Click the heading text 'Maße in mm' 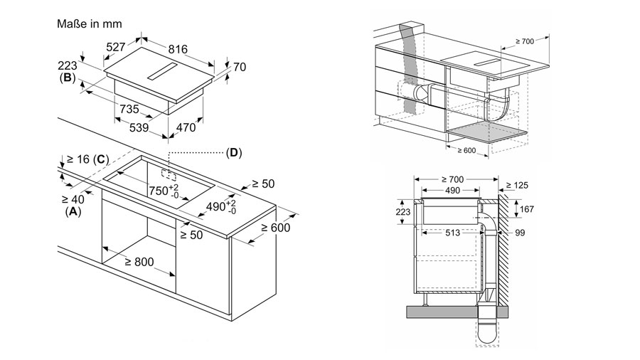[89, 23]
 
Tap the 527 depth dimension [115, 48]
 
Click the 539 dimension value [139, 128]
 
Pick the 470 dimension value [186, 128]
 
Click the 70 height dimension [239, 68]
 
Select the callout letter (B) [68, 79]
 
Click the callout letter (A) [73, 212]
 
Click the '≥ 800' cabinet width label [139, 262]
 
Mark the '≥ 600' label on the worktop [276, 228]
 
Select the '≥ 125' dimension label [517, 186]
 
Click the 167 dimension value [528, 209]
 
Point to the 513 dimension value [449, 232]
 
